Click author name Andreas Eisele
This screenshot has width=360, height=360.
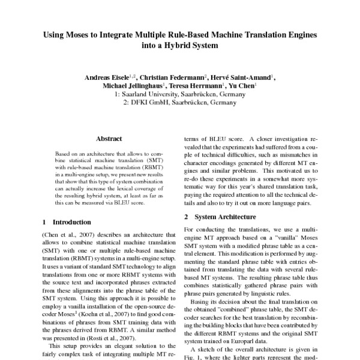coord(110,77)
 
